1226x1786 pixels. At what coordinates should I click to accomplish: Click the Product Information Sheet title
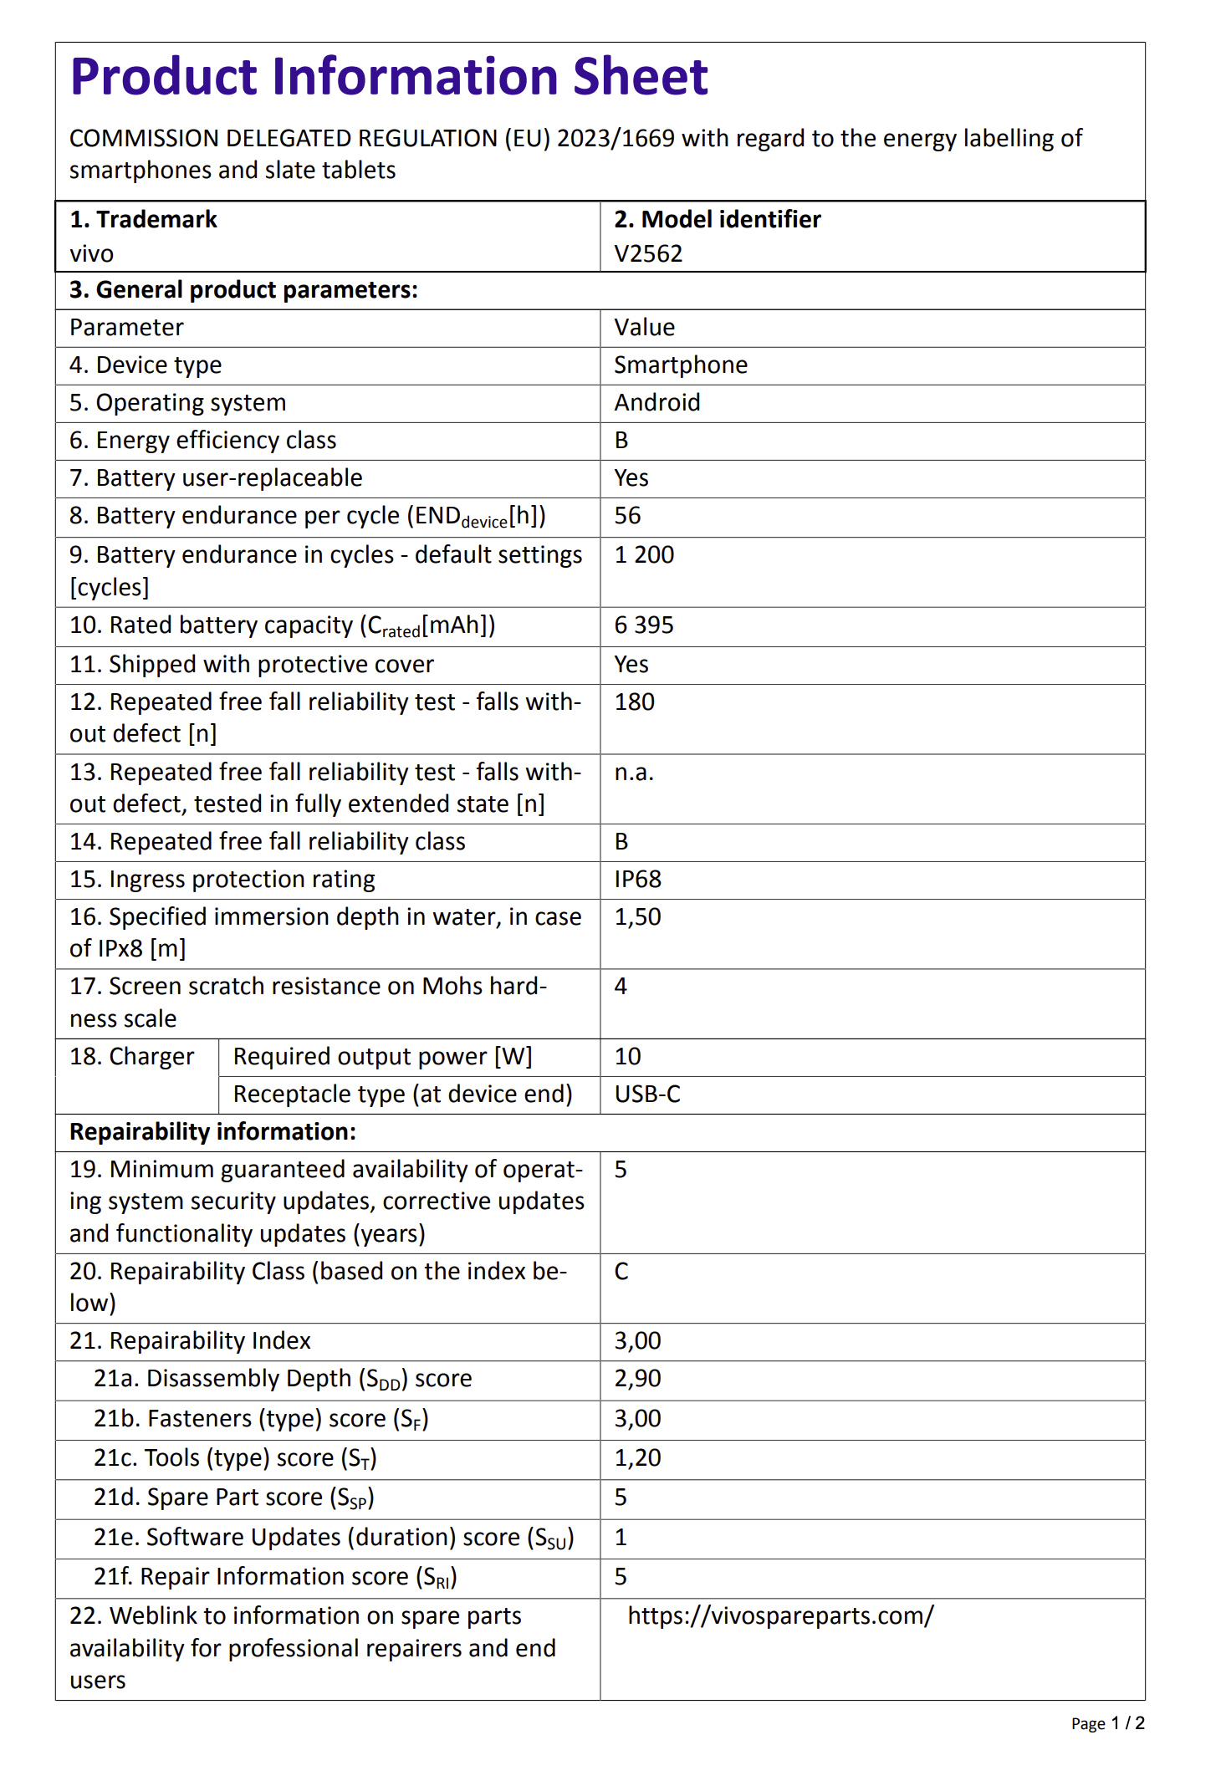[389, 77]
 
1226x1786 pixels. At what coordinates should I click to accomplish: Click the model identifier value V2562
[648, 253]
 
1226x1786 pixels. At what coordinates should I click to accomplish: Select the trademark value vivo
[91, 253]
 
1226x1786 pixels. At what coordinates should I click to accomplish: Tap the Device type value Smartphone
[680, 365]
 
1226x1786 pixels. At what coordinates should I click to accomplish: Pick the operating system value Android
[656, 403]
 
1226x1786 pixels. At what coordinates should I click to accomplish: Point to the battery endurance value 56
[627, 516]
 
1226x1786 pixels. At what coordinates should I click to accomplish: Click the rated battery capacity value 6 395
[643, 625]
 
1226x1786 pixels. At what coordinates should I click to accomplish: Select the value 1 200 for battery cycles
[643, 555]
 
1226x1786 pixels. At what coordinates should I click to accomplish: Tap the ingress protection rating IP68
[637, 880]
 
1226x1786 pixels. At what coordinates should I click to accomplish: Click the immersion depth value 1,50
[637, 917]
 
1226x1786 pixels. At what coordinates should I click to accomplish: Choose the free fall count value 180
[634, 702]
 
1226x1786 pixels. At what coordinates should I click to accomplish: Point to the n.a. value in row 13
[633, 773]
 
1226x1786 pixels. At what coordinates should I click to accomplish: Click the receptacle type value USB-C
[647, 1095]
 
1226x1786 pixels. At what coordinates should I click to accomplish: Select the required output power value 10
[627, 1057]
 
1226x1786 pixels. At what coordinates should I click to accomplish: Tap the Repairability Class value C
[621, 1272]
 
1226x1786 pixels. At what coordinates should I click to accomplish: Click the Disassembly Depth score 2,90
[637, 1379]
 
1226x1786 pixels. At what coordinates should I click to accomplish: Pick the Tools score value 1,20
[637, 1458]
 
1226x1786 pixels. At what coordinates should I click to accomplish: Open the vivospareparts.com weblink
[780, 1616]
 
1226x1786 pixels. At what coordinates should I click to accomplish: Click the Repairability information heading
[212, 1132]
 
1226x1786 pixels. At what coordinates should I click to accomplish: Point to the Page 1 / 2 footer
[1107, 1724]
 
